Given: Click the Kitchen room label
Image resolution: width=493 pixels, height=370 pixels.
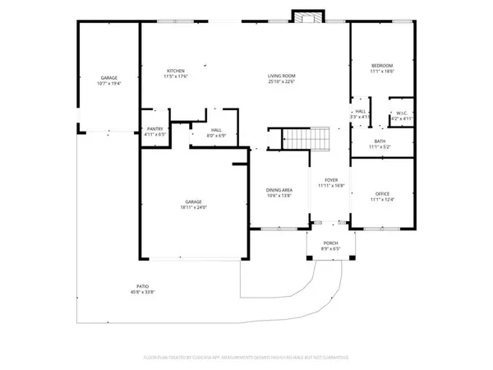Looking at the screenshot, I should point(177,72).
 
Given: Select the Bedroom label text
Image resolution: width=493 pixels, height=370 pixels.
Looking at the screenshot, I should point(381,66).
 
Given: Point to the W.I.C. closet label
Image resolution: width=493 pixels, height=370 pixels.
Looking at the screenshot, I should point(402,113).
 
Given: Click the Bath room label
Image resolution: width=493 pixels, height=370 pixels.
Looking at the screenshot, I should point(380,141).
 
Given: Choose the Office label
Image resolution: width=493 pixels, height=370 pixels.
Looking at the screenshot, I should point(382,193).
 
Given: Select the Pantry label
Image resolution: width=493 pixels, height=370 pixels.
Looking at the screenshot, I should point(154,129).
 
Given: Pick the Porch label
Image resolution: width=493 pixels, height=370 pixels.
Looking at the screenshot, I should point(330,243).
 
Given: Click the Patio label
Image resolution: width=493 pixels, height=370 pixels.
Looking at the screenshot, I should point(144,286).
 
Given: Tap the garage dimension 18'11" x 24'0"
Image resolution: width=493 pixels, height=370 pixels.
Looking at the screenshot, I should point(194,207).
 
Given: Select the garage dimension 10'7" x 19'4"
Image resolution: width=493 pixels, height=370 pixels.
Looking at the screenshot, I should point(108,83).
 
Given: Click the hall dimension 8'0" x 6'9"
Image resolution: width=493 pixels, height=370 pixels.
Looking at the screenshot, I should point(216,135).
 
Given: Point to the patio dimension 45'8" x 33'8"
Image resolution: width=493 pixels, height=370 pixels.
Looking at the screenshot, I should point(144,292).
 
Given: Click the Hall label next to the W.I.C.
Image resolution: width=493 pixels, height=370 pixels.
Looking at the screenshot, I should point(360,112).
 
